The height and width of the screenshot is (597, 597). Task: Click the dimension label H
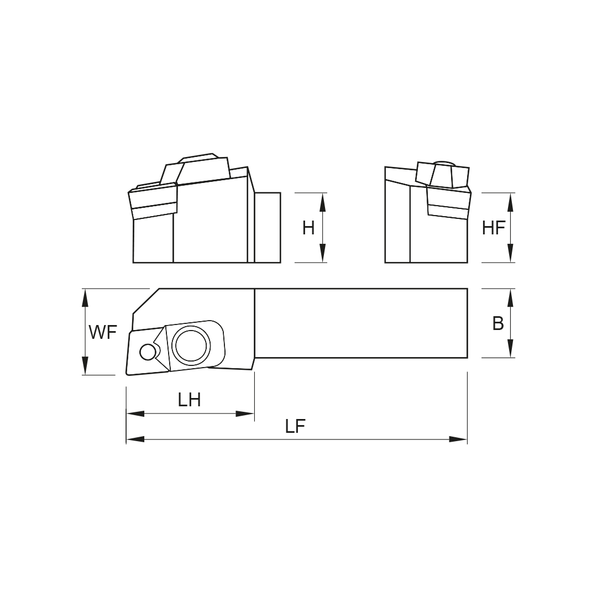tap(308, 228)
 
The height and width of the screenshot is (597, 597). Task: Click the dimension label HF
tap(493, 228)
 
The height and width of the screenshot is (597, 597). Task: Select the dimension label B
tap(498, 324)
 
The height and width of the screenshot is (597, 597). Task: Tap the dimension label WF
tap(103, 333)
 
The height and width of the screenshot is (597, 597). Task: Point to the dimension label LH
tap(189, 400)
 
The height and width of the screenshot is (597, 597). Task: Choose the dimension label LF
tap(295, 426)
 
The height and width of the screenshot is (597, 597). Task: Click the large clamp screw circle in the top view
tap(191, 345)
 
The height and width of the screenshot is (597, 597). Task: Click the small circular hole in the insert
tap(148, 352)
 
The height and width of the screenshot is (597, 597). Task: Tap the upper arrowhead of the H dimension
tap(323, 202)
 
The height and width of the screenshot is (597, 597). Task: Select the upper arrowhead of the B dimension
tap(510, 298)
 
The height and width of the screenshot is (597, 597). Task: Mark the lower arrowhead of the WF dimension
tap(85, 365)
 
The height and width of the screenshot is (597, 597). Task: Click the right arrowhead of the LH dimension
tap(245, 413)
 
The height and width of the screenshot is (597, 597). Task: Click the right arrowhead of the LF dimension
tap(458, 439)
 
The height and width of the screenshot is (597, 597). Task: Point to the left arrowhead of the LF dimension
tap(136, 439)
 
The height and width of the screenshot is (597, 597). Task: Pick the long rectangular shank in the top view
tap(360, 323)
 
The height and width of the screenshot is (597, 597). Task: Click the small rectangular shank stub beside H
tap(268, 227)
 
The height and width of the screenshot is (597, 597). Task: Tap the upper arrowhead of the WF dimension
tap(85, 298)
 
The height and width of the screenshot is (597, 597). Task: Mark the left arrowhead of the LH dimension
tap(136, 413)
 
